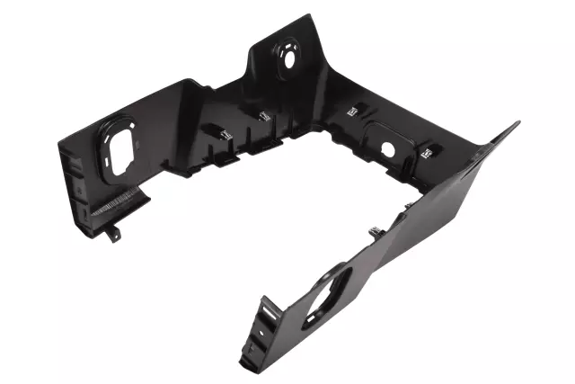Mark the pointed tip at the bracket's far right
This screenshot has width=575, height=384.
pyautogui.click(x=517, y=123)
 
